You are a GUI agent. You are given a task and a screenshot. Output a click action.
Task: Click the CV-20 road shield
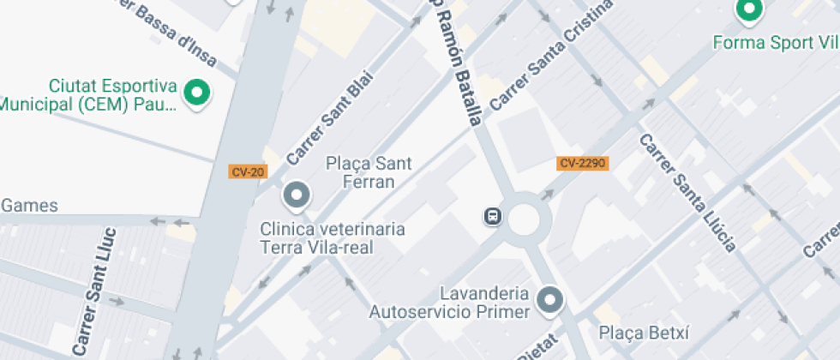(248, 171)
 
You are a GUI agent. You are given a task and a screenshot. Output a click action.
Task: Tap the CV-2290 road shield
(583, 163)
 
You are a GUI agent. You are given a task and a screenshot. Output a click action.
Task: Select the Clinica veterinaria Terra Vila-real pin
(297, 195)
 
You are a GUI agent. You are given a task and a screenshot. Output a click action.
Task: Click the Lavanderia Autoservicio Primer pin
(549, 299)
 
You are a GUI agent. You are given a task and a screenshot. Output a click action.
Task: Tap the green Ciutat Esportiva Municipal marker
(198, 93)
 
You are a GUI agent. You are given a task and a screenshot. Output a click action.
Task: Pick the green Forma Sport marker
(749, 10)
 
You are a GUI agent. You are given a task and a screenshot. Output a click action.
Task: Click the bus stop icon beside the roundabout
(493, 215)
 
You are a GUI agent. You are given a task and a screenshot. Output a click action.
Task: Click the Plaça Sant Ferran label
(369, 171)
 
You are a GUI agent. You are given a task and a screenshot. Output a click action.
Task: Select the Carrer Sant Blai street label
(330, 125)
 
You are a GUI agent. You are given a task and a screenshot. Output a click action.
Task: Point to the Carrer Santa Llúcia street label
(687, 192)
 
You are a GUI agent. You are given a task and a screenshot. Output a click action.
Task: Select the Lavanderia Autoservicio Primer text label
(450, 303)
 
